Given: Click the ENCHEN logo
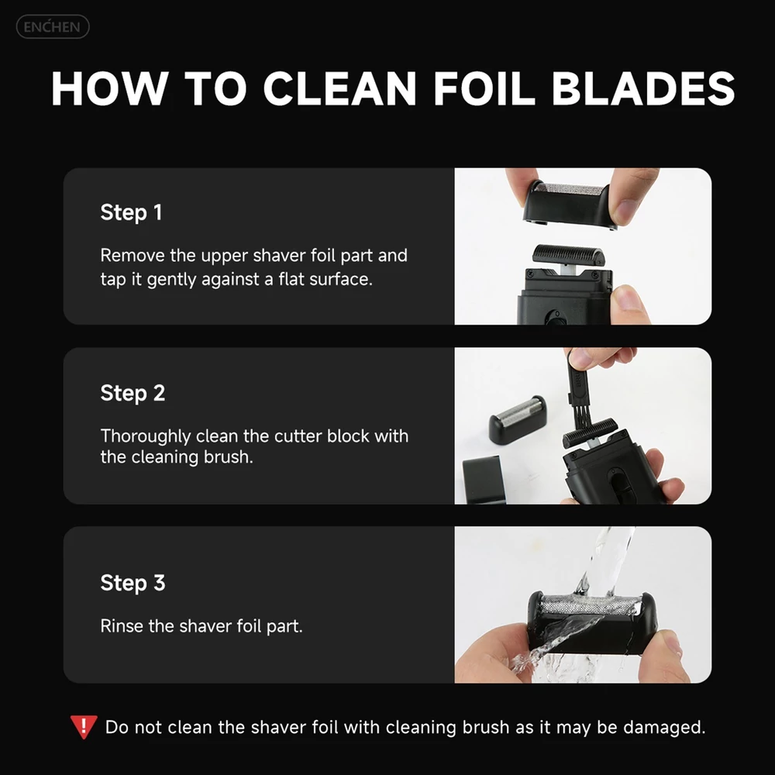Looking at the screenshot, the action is pyautogui.click(x=53, y=26).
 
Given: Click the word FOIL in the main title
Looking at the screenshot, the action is pyautogui.click(x=484, y=88).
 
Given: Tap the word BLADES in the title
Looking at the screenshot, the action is pyautogui.click(x=643, y=88).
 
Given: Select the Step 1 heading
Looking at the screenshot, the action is pyautogui.click(x=131, y=213).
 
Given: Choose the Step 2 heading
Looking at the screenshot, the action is pyautogui.click(x=133, y=394).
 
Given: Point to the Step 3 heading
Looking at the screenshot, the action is pyautogui.click(x=133, y=584).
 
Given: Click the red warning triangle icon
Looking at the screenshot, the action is pyautogui.click(x=84, y=725).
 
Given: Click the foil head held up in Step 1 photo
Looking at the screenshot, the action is pyautogui.click(x=570, y=205).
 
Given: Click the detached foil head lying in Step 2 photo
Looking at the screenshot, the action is pyautogui.click(x=518, y=418).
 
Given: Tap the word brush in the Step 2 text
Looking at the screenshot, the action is pyautogui.click(x=228, y=457).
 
